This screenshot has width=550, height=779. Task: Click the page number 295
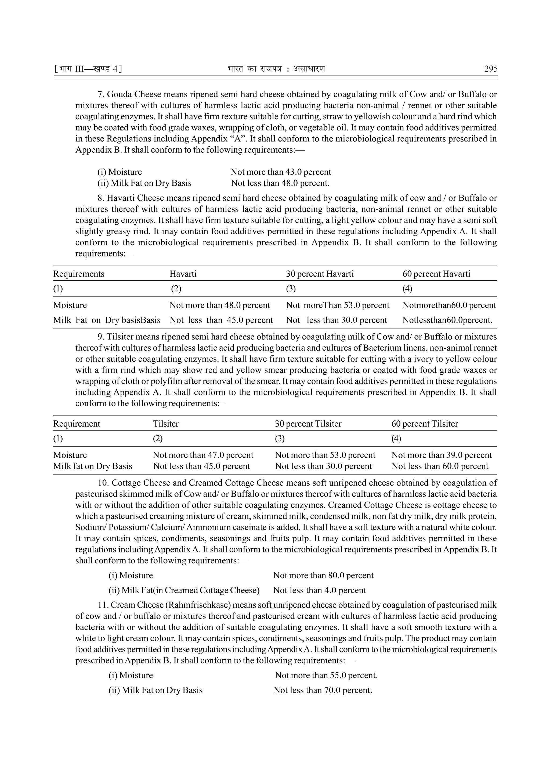pos(491,69)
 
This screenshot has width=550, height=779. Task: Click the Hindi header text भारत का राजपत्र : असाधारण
pos(276,69)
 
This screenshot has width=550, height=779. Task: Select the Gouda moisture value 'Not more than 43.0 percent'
pos(281,172)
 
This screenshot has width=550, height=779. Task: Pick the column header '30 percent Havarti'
pos(320,274)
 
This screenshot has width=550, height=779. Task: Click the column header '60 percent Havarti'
pos(436,274)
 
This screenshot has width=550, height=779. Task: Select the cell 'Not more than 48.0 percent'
pos(220,305)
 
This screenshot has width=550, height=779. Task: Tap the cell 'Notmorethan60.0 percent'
pos(449,305)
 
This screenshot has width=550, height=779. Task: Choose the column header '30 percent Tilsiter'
pos(308,424)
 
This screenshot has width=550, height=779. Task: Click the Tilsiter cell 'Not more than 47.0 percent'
pos(203,455)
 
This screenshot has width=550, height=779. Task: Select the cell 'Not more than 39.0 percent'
pos(442,455)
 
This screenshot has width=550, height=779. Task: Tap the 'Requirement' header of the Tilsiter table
pos(77,424)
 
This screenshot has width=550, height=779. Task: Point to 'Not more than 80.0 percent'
pos(323,576)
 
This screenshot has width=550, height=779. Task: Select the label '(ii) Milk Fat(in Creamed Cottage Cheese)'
pos(184,590)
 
